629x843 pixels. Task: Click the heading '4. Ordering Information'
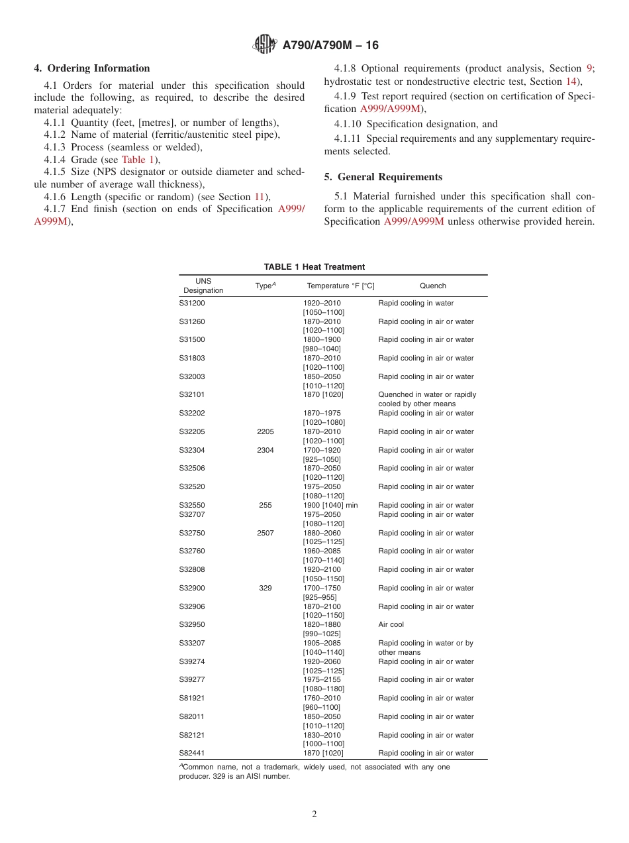point(92,68)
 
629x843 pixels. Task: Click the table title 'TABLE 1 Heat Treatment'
point(314,267)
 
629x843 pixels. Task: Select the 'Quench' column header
point(433,286)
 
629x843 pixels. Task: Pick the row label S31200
point(193,304)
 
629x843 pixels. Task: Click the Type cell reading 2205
point(266,431)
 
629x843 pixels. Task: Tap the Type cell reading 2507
point(266,533)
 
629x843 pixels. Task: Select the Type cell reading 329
point(266,588)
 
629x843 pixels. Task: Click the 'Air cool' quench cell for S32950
point(391,624)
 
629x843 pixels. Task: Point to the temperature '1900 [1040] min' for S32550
point(330,505)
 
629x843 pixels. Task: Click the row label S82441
point(193,753)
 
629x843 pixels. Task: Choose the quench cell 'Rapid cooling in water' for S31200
point(416,304)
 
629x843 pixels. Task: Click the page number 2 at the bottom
point(314,815)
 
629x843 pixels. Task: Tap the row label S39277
point(193,679)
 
